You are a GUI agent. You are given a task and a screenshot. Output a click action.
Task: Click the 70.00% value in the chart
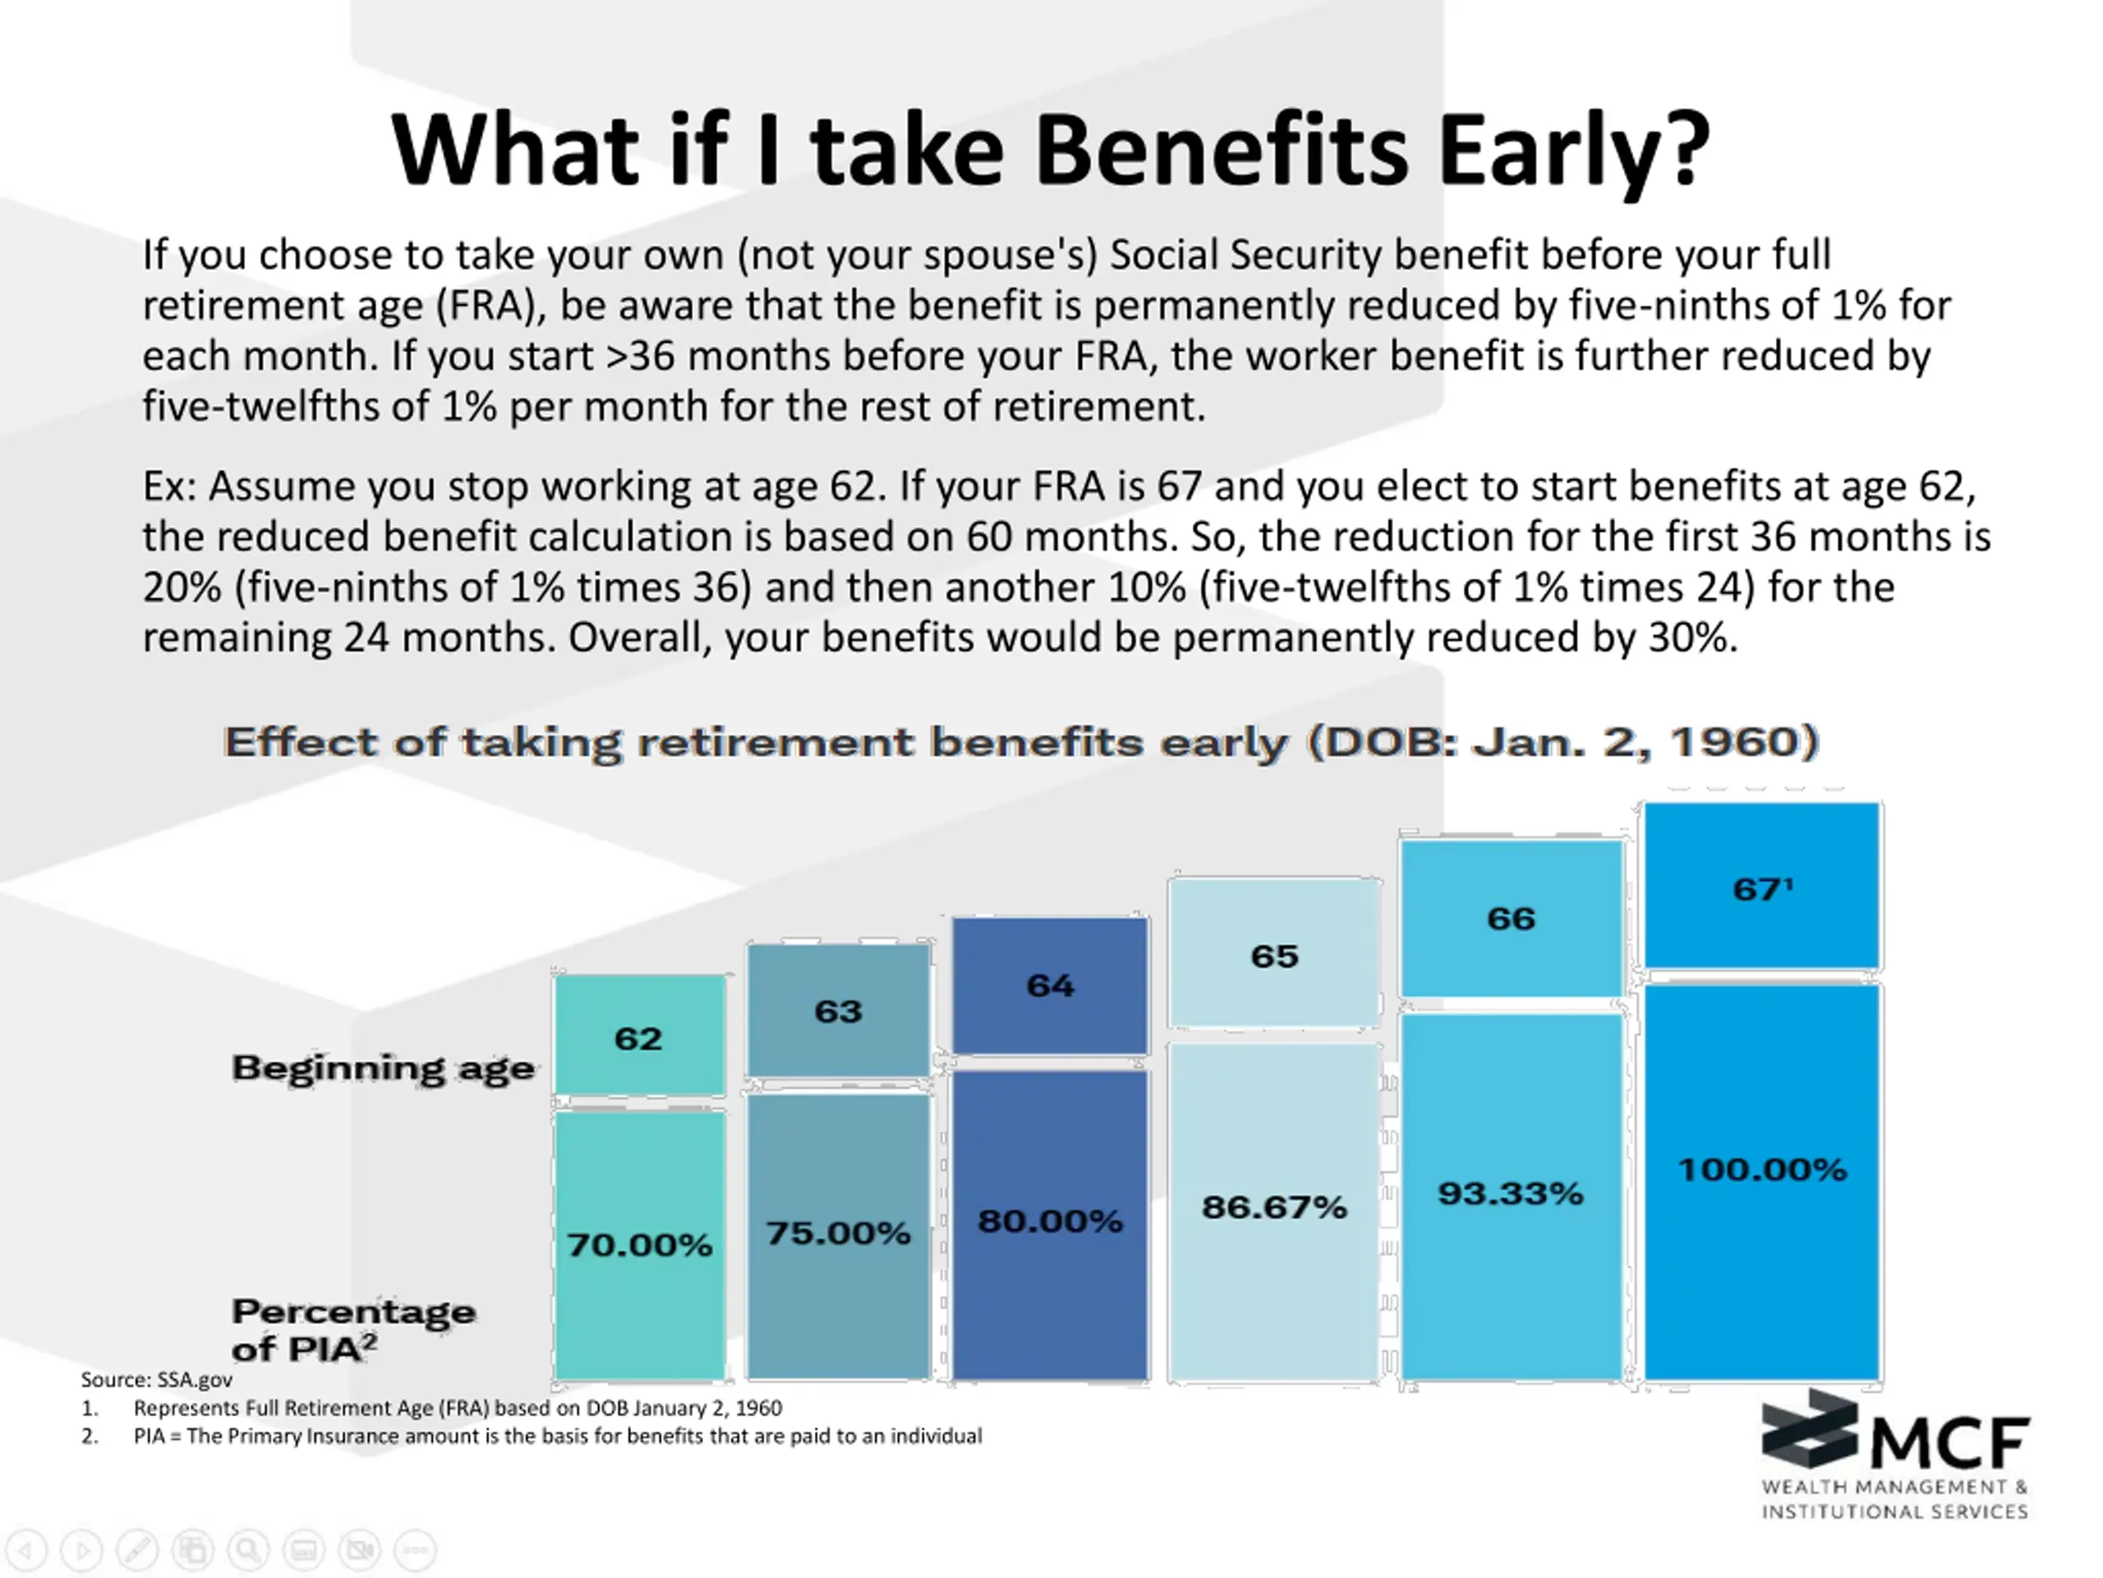tap(639, 1245)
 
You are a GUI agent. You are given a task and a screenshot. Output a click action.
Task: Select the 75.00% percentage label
tap(838, 1234)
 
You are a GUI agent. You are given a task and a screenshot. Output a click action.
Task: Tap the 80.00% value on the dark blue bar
tap(1050, 1221)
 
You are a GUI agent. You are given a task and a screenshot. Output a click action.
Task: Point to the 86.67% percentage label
tap(1274, 1208)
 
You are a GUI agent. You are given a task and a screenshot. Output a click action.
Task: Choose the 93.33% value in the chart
tap(1510, 1193)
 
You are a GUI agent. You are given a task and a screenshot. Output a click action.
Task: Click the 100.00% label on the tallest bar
tap(1762, 1170)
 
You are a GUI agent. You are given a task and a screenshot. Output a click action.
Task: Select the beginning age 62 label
tap(638, 1039)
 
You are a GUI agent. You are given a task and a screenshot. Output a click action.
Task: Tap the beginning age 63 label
tap(838, 1011)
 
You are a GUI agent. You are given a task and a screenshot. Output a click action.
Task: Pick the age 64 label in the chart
tap(1050, 985)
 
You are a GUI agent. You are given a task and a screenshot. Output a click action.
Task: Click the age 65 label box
tap(1274, 956)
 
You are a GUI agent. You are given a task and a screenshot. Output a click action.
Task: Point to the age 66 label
tap(1511, 919)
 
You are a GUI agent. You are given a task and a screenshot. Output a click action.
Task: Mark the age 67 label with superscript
tap(1762, 889)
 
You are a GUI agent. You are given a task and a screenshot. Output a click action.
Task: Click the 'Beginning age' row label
tap(383, 1068)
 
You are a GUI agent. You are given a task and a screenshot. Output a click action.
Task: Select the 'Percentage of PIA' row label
tap(352, 1330)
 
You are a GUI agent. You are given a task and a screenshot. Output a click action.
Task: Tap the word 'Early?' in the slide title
tap(1572, 150)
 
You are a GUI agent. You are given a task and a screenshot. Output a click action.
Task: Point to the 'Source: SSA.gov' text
tap(156, 1379)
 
